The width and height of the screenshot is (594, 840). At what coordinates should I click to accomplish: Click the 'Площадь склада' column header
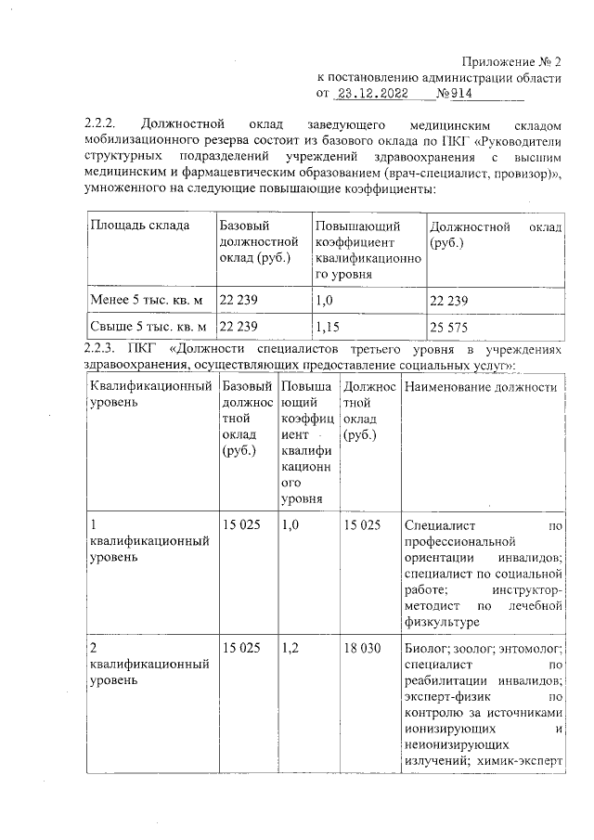click(x=141, y=226)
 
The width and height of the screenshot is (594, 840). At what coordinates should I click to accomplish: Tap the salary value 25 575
click(x=449, y=327)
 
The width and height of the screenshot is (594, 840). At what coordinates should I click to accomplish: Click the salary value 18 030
click(x=361, y=648)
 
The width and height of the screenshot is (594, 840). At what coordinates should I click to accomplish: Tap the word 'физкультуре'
click(x=443, y=623)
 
